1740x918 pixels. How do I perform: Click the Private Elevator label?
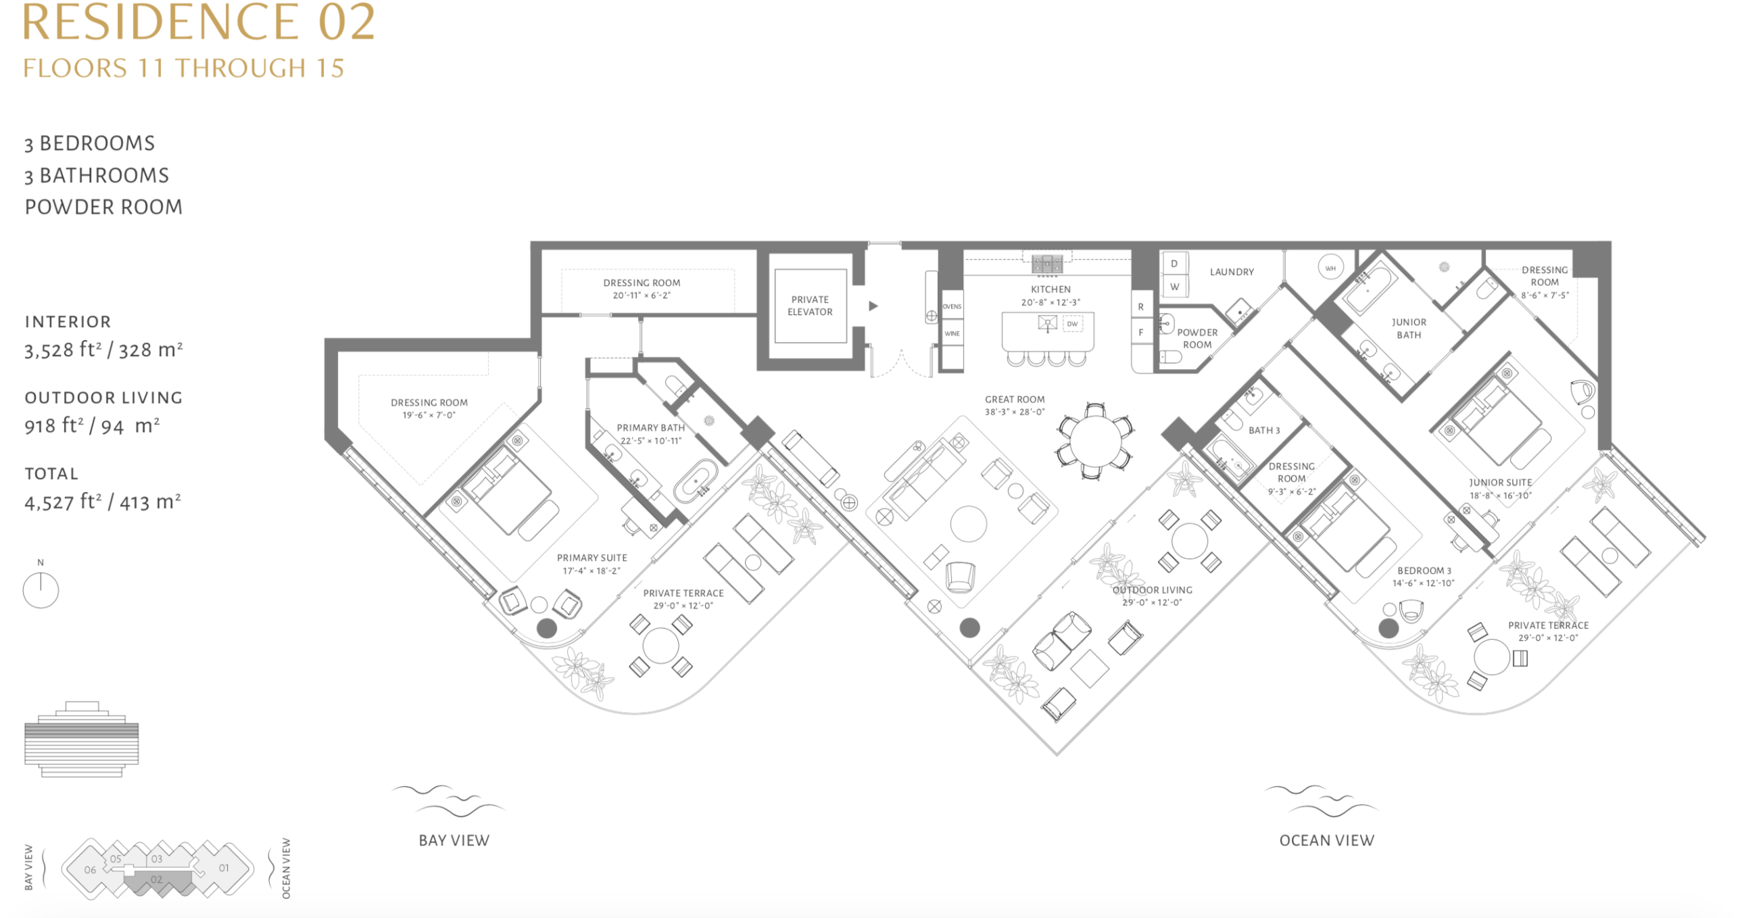click(810, 306)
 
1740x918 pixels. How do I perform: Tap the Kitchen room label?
click(1050, 289)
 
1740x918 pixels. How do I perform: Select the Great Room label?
click(1015, 400)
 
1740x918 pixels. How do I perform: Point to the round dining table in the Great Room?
click(1096, 440)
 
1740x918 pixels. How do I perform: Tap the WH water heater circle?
click(1330, 268)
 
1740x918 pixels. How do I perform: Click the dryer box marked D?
click(1174, 264)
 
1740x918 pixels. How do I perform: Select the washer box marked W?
click(1174, 287)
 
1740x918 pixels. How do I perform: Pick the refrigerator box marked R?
click(1141, 306)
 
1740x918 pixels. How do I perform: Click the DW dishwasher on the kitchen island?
click(1073, 324)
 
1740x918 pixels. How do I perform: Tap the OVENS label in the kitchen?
click(952, 306)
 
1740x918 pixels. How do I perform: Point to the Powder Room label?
click(1197, 339)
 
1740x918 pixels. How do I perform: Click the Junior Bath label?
click(1409, 329)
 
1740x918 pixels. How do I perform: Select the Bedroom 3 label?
click(1424, 571)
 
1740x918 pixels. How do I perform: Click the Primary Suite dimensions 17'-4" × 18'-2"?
click(591, 571)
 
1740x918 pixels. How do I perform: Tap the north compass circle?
click(41, 590)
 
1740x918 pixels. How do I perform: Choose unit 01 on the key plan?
click(224, 868)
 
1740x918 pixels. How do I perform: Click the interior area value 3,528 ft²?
click(59, 349)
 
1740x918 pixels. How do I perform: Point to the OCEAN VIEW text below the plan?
click(1326, 840)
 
